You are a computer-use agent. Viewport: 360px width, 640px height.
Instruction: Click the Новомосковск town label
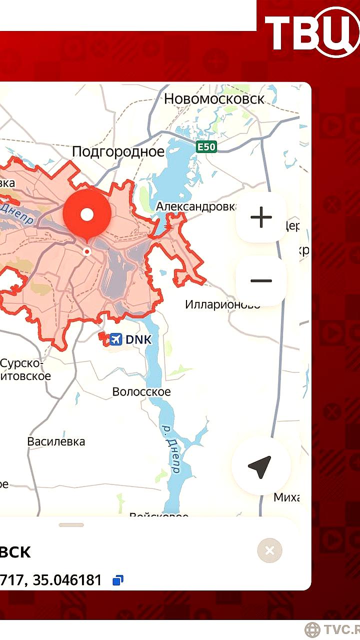click(214, 99)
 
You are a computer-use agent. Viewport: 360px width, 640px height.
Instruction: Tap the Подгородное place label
click(118, 151)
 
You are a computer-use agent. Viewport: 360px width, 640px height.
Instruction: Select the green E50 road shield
click(206, 147)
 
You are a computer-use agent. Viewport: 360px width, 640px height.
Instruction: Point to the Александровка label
click(196, 206)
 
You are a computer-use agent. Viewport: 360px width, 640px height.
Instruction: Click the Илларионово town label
click(222, 304)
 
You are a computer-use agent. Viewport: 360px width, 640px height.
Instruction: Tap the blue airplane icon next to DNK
click(115, 339)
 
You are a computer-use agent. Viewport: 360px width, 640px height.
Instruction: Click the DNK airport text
click(138, 339)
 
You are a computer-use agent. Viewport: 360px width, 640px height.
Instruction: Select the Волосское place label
click(141, 391)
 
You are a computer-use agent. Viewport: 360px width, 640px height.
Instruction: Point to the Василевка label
click(56, 441)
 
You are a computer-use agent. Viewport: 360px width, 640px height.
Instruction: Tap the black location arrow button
click(260, 466)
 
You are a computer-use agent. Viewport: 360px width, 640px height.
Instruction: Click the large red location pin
click(87, 215)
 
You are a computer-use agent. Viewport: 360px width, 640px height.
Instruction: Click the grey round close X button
click(269, 550)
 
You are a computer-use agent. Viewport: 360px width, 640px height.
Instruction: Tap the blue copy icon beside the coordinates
click(118, 580)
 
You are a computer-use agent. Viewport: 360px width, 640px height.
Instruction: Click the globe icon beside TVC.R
click(312, 629)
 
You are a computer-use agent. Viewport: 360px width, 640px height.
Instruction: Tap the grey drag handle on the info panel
click(71, 525)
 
